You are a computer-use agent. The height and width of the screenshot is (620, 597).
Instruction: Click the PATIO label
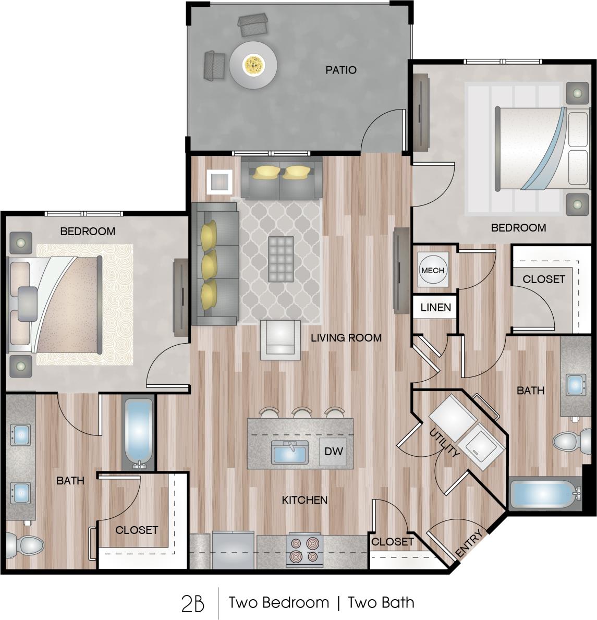(x=341, y=70)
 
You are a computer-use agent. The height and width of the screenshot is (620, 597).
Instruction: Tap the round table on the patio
(x=253, y=65)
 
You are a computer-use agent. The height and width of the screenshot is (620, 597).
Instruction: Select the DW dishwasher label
(x=334, y=451)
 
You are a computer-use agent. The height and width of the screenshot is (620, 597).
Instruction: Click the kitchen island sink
(x=290, y=452)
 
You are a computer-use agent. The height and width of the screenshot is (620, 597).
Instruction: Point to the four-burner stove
(x=304, y=550)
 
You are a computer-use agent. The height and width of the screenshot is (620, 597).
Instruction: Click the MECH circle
(x=433, y=270)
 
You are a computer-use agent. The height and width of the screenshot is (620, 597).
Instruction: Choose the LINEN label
(x=435, y=307)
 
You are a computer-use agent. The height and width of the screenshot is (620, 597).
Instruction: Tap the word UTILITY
(x=444, y=443)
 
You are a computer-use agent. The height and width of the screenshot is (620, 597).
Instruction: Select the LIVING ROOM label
(x=346, y=337)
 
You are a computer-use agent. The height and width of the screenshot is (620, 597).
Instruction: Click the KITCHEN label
(x=304, y=500)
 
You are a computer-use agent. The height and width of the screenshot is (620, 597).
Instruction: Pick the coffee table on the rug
(x=281, y=258)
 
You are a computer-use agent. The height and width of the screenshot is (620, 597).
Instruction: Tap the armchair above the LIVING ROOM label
(x=281, y=339)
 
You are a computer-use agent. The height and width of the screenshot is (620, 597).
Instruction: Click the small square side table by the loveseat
(x=219, y=182)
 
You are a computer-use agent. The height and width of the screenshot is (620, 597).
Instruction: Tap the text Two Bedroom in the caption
(x=279, y=603)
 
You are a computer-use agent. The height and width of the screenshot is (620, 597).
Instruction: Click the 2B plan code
(x=192, y=603)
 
